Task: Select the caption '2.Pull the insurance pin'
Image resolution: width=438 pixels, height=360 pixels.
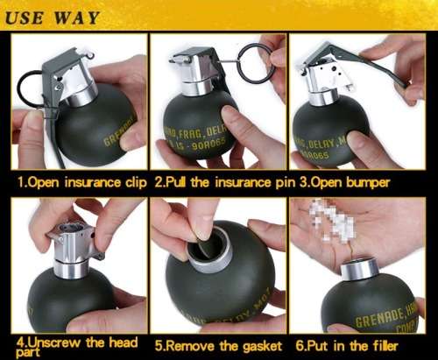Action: click(223, 184)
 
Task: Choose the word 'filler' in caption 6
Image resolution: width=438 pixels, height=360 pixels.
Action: click(395, 345)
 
